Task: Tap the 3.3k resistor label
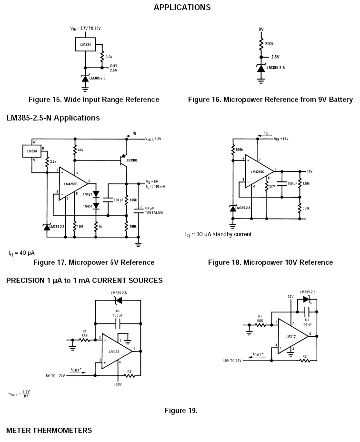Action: [109, 57]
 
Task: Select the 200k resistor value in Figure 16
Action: [269, 44]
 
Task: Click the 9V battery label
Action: [261, 29]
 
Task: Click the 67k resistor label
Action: [81, 150]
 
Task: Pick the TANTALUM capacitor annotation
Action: [153, 213]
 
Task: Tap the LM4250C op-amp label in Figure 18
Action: [258, 171]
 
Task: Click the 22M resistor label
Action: [272, 186]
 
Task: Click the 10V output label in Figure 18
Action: [310, 171]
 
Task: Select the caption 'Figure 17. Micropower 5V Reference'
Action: [93, 262]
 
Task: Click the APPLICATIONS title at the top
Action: [182, 7]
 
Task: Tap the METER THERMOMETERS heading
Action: [49, 431]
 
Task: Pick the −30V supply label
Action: [119, 384]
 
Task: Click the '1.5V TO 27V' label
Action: [232, 361]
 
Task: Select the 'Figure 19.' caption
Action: [181, 411]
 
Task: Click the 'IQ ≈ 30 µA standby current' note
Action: [218, 234]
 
